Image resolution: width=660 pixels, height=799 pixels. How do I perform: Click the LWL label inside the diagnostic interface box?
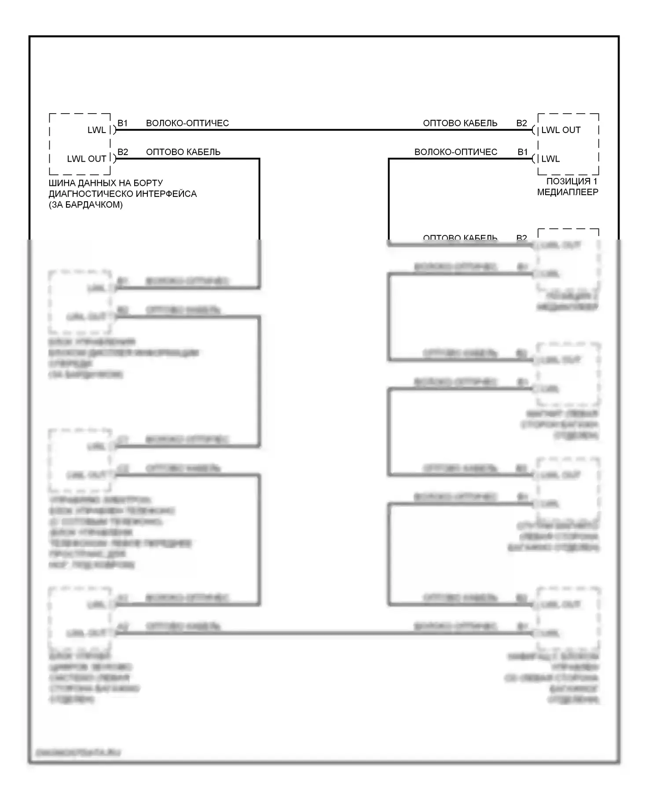pos(96,130)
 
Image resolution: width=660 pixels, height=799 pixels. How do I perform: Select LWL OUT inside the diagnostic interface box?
pos(87,159)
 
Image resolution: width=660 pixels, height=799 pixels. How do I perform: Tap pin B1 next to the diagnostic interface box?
pos(122,123)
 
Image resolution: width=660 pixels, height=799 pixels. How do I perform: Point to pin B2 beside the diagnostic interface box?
pos(123,152)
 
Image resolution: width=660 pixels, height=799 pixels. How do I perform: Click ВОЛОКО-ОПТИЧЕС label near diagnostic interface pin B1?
pos(187,123)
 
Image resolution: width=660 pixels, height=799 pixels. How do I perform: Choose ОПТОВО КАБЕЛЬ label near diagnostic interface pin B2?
pos(183,152)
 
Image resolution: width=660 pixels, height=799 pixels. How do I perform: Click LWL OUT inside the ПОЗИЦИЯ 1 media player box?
pos(561,130)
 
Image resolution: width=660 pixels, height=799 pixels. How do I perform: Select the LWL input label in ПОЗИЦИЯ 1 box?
pos(550,159)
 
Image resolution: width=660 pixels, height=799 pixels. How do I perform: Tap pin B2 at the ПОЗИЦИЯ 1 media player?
pos(521,123)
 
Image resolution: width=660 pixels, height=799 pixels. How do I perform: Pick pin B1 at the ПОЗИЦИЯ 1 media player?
pos(522,152)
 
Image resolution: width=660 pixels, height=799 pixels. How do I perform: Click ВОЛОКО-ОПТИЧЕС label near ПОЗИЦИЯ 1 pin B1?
pos(456,152)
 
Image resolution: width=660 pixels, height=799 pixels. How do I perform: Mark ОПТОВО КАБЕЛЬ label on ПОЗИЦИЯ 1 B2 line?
pos(460,123)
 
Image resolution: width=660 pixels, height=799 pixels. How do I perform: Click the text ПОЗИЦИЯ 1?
pos(572,181)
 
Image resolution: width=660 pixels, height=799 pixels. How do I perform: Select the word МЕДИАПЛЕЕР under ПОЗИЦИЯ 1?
pos(568,192)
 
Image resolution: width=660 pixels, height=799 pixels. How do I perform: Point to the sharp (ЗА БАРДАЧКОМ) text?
pos(86,205)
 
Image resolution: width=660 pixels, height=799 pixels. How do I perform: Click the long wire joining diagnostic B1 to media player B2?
pos(323,130)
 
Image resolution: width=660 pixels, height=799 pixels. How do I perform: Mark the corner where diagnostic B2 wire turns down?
pos(259,159)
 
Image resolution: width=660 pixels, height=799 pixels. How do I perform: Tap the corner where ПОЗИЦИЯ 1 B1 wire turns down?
pos(389,159)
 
